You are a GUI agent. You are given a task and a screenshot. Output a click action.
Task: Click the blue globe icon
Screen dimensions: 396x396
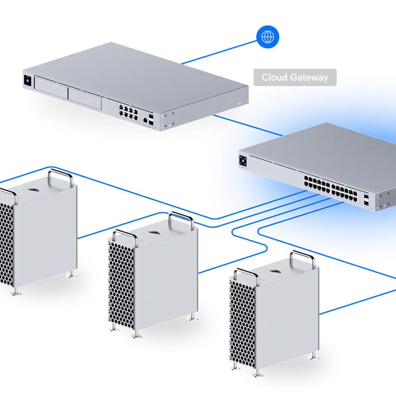(268, 37)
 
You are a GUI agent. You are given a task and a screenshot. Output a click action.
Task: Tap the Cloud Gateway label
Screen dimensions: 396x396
(295, 77)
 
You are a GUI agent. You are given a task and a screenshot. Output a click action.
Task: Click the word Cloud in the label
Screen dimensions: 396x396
(274, 77)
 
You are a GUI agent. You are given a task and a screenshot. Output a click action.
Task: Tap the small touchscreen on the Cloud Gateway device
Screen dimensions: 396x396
(27, 81)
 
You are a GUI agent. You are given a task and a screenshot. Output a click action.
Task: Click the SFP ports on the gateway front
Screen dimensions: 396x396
(151, 119)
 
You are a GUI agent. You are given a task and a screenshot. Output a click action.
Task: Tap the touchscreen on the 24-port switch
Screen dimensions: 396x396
(243, 161)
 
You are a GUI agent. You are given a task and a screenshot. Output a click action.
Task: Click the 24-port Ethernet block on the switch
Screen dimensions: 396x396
(330, 189)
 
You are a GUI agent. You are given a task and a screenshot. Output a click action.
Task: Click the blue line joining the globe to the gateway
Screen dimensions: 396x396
(219, 52)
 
